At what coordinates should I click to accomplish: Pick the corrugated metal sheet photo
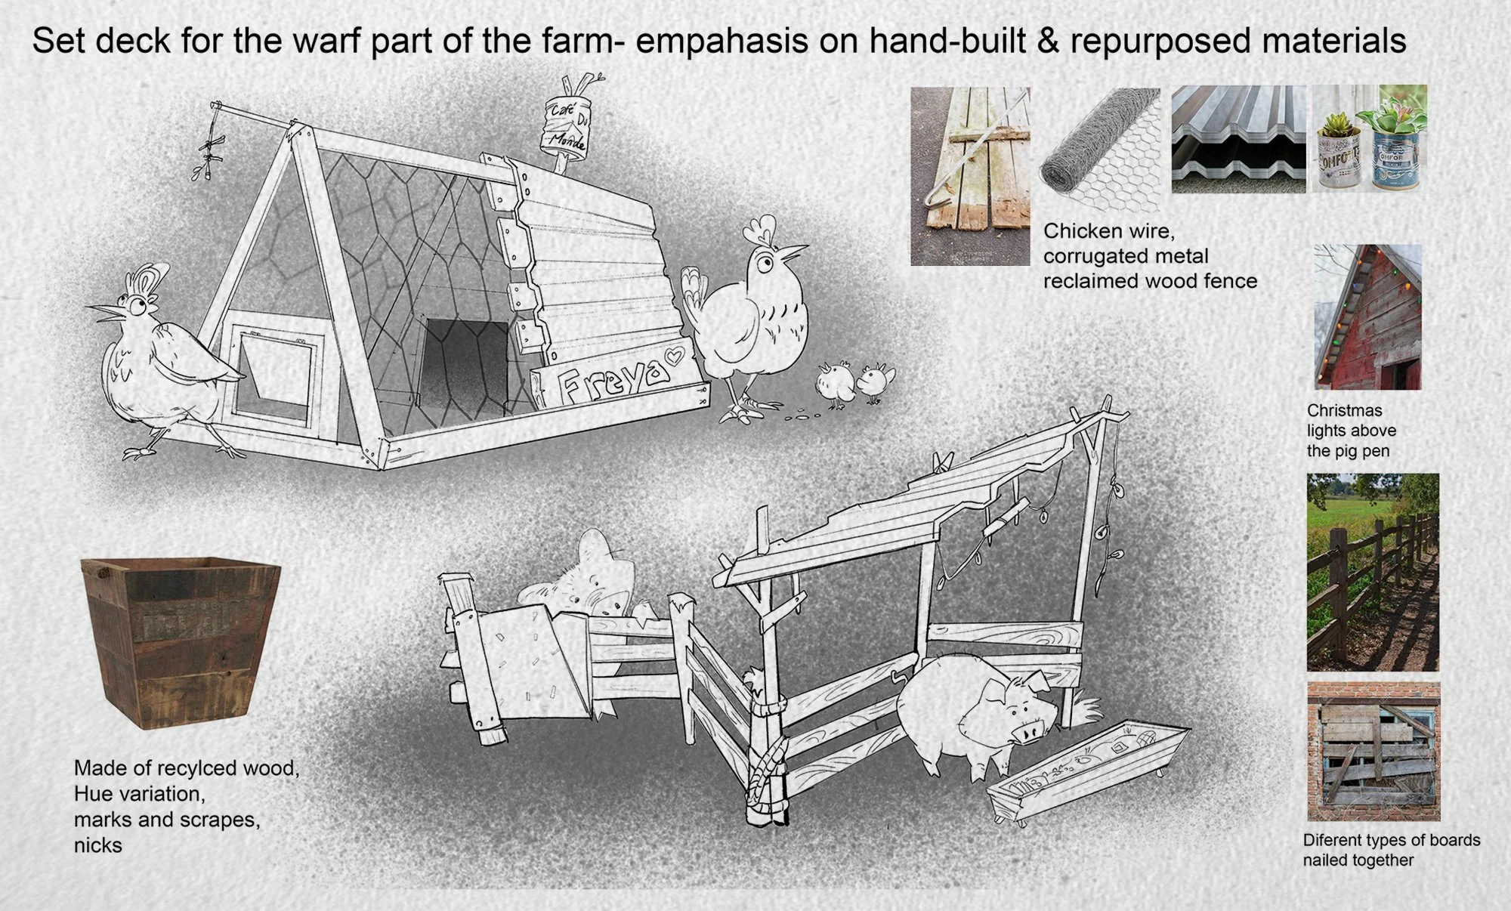1239,139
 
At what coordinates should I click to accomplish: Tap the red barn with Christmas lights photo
1368,317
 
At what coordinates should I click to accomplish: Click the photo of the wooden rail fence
1373,573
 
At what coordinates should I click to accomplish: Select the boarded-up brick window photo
1373,752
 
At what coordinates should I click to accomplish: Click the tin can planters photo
1368,139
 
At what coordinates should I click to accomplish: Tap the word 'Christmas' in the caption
1345,410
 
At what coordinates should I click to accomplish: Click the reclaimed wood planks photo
970,176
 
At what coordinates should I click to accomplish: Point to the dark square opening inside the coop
465,363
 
